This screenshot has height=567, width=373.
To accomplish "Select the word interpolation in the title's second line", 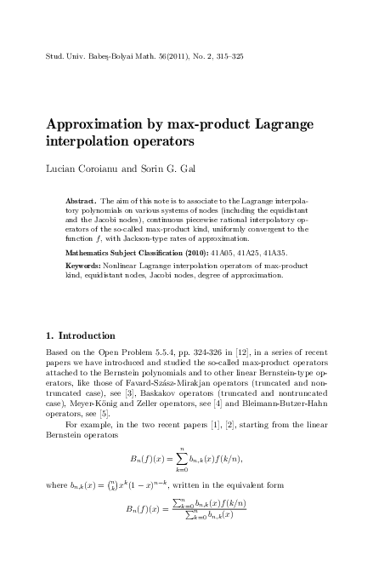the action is click(x=93, y=140).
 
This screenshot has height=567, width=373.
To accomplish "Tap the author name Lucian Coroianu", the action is click(x=78, y=169).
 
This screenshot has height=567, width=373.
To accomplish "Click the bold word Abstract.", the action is click(x=82, y=201).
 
